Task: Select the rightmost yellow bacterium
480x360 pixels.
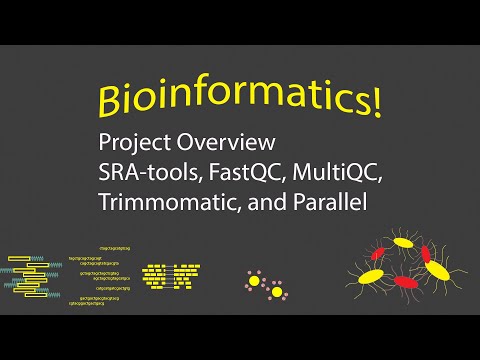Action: (437, 268)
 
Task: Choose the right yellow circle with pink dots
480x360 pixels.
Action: (277, 292)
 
